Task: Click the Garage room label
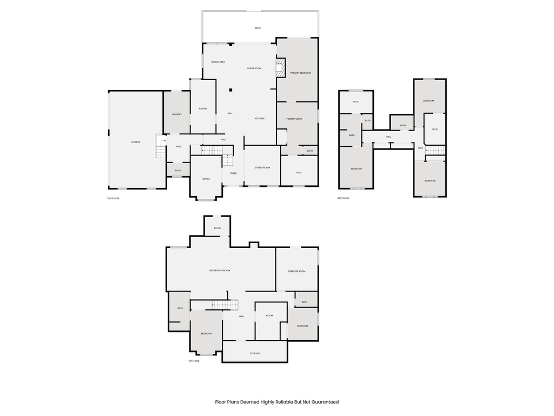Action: (135, 142)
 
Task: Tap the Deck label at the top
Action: (258, 28)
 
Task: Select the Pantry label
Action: (203, 108)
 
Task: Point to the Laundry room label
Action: (176, 114)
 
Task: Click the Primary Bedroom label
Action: (300, 73)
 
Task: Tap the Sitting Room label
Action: (262, 167)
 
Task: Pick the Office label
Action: (206, 179)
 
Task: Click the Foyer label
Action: (233, 173)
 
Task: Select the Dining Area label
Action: (218, 62)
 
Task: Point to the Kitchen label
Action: (260, 118)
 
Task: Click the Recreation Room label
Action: (220, 270)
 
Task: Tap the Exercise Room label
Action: (296, 271)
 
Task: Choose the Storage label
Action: (255, 353)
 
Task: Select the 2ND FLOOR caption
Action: (113, 199)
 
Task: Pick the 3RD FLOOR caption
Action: (343, 199)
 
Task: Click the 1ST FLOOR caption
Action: (194, 361)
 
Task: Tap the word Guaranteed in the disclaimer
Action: (324, 402)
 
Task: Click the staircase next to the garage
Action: (161, 148)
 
